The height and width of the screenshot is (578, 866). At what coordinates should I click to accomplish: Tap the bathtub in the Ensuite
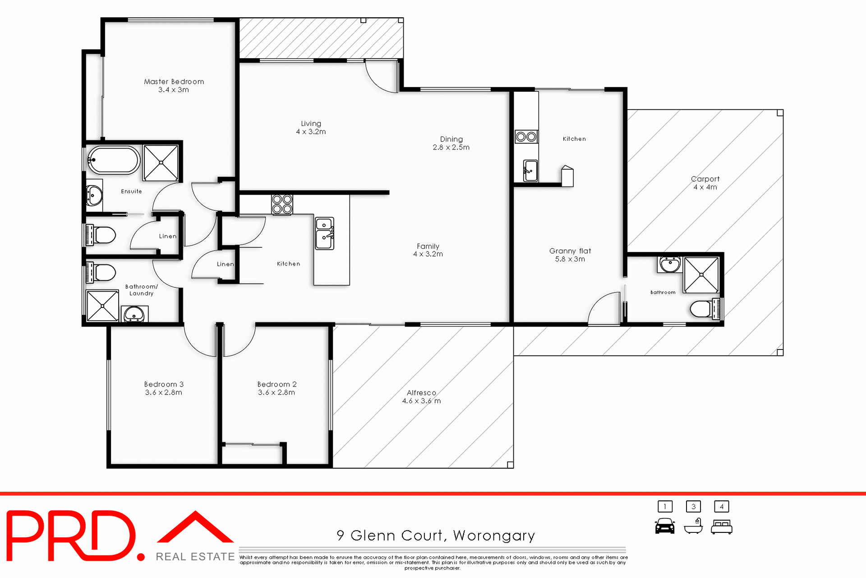[113, 160]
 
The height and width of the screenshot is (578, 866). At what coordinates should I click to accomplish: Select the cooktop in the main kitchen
[282, 204]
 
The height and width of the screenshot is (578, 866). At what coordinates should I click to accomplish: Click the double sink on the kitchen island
[324, 233]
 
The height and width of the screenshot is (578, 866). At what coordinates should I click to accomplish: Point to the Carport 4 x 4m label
[705, 183]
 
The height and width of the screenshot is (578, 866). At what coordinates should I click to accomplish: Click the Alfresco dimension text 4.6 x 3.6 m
[421, 401]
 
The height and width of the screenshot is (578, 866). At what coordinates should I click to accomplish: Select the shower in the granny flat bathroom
[701, 275]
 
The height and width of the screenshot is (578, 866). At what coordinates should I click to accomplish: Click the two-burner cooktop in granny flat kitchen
[526, 136]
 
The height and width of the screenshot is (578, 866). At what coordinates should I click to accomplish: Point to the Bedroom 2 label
[276, 384]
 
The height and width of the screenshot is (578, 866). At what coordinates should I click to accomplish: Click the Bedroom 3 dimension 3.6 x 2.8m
[163, 393]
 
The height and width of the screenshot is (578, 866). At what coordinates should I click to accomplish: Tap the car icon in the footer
[664, 527]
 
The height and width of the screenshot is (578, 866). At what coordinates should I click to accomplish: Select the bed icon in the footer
[721, 527]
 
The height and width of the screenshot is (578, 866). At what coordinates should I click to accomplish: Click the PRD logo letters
[72, 536]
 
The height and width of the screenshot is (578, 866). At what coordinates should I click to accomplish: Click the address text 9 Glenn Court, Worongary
[435, 536]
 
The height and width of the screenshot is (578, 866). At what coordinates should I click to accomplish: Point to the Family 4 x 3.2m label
[428, 250]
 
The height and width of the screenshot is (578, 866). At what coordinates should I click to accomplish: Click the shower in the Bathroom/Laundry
[102, 306]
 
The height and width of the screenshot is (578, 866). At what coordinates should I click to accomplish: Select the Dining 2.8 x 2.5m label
[451, 143]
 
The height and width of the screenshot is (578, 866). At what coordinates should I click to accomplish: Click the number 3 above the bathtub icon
[693, 507]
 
